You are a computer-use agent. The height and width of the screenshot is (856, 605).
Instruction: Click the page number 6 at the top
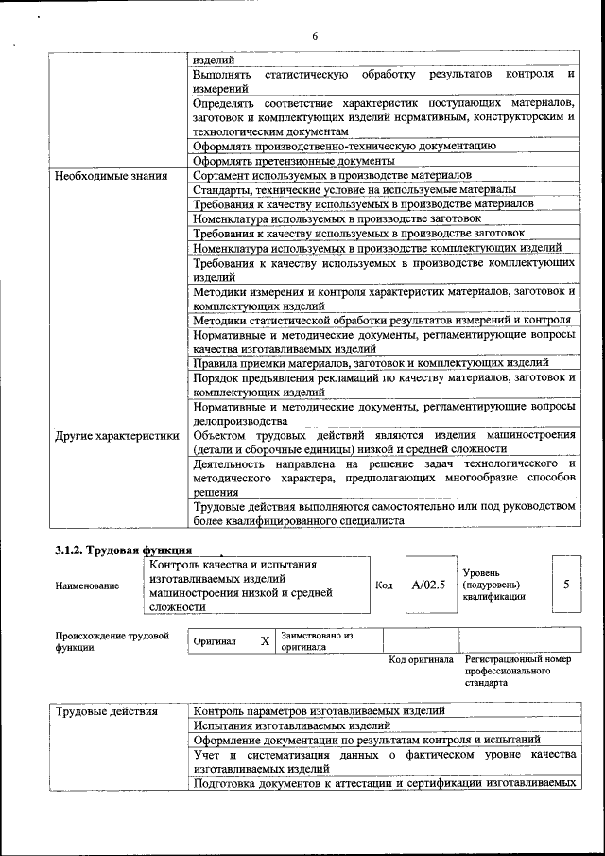tap(315, 36)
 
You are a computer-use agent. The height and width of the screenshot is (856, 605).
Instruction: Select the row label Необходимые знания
tap(112, 176)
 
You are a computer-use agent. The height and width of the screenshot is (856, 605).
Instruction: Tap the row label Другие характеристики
tap(116, 436)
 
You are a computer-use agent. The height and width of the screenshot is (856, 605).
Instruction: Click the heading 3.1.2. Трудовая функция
tap(124, 550)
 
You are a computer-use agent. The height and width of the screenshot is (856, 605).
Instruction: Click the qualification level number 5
tap(565, 584)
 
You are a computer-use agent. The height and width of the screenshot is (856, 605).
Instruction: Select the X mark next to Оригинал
tap(265, 641)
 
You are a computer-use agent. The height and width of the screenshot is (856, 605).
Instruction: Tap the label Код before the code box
tap(384, 585)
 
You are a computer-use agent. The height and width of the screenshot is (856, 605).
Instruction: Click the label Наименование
tap(87, 586)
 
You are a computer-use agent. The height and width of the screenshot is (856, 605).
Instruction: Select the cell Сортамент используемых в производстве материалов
tap(331, 176)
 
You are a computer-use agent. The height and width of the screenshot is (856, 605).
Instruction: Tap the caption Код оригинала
tap(421, 659)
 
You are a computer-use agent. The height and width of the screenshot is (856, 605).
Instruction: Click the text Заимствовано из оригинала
tap(316, 641)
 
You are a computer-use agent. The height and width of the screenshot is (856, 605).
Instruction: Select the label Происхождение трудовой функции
tap(112, 642)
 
